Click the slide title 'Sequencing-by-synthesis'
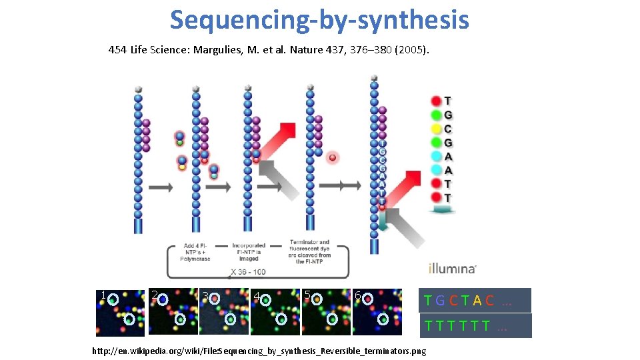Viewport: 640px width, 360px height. pyautogui.click(x=319, y=20)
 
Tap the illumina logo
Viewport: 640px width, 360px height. pyautogui.click(x=452, y=269)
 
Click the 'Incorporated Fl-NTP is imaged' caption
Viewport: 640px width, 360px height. pyautogui.click(x=249, y=253)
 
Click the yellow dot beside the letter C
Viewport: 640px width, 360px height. pyautogui.click(x=436, y=129)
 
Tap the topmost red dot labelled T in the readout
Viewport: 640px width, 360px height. pyautogui.click(x=436, y=101)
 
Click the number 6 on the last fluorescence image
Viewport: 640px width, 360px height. pyautogui.click(x=358, y=295)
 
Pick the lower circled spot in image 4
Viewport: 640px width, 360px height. pyautogui.click(x=281, y=319)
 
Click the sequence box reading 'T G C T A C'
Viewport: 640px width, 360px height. pyautogui.click(x=475, y=301)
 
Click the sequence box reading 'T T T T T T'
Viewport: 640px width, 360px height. pyautogui.click(x=475, y=326)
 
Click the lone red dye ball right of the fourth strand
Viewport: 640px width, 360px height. pyautogui.click(x=332, y=158)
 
